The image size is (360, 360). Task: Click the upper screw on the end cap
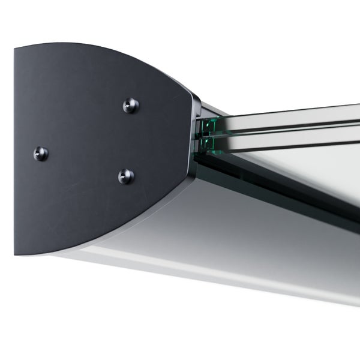click(131, 106)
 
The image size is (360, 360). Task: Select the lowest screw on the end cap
click(126, 176)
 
